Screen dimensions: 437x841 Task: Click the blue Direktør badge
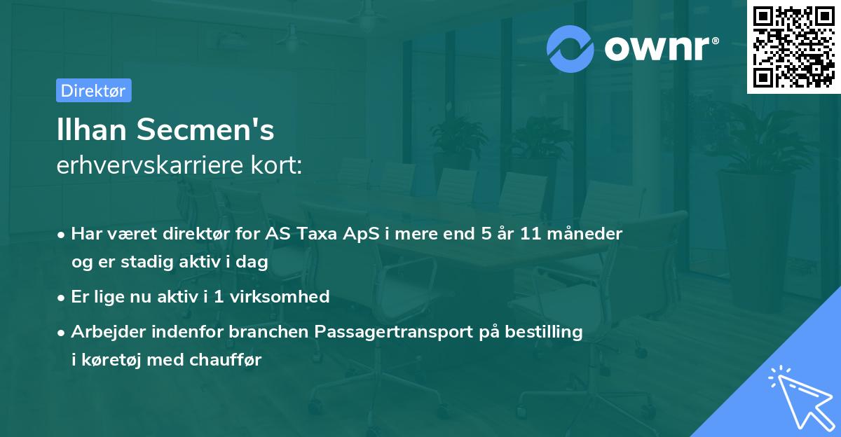[x=93, y=90]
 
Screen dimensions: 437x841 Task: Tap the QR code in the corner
[x=793, y=47]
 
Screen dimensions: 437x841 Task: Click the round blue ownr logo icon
[x=570, y=48]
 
